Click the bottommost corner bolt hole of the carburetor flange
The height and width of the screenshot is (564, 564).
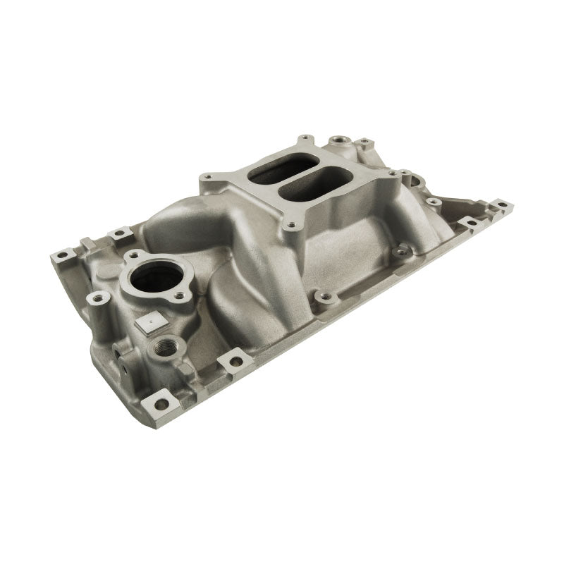pos(288,228)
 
